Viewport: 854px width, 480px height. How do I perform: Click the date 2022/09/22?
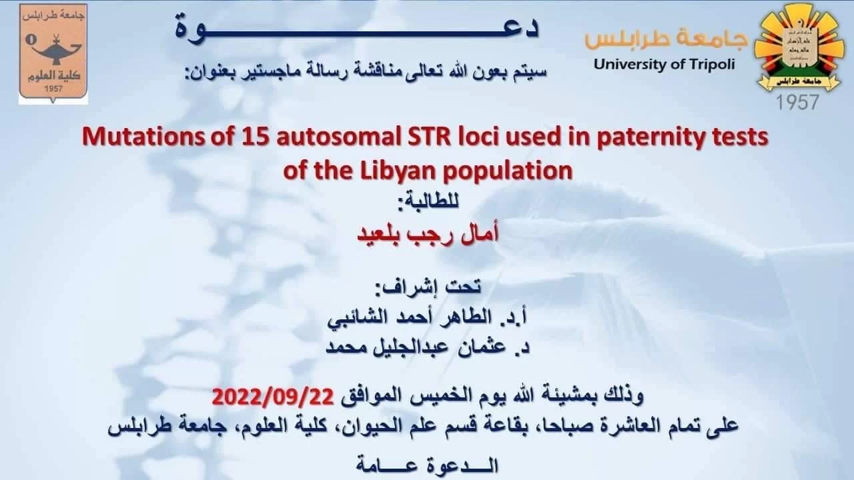pos(273,397)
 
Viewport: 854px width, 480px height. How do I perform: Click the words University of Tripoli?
pos(664,65)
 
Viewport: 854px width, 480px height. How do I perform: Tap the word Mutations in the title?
pos(143,137)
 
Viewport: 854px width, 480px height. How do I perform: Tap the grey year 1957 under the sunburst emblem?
pos(797,103)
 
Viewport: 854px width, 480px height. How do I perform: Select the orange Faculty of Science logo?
pos(53,54)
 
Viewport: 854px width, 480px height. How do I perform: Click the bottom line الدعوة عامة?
pos(428,465)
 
